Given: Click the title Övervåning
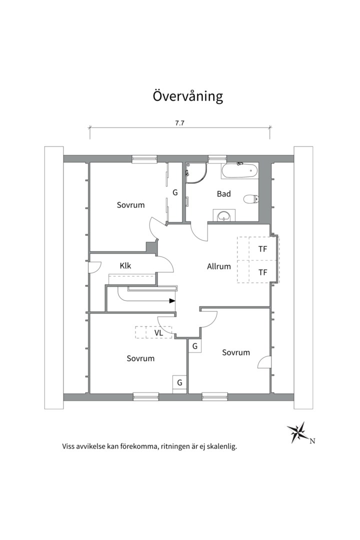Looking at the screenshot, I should [187, 96].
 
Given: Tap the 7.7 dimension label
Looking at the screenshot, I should [180, 123].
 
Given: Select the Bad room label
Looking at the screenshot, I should [223, 193].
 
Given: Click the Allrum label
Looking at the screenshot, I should [219, 266].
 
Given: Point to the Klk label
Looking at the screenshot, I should [125, 266].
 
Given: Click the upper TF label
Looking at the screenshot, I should [262, 248].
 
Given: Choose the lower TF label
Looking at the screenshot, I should [262, 272].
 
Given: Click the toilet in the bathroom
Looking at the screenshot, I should [250, 199].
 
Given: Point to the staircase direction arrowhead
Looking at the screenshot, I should [172, 301].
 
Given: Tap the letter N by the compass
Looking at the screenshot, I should [312, 440].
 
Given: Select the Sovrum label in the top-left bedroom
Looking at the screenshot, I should [131, 205].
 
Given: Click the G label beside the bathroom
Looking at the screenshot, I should [175, 192].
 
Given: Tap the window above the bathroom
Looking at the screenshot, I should [217, 159].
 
